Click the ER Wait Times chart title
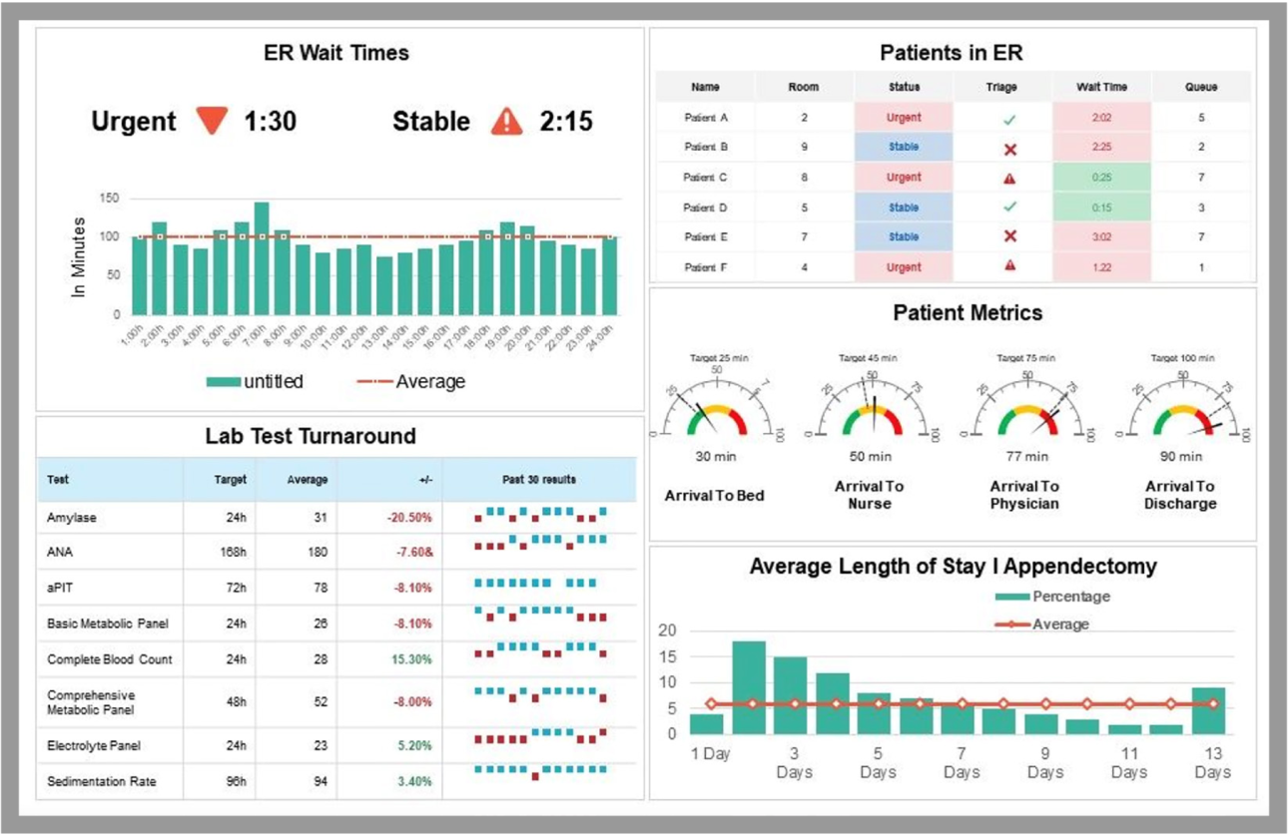click(x=335, y=53)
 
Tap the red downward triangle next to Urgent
click(x=212, y=121)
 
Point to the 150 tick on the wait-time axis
click(x=109, y=199)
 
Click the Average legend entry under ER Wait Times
click(x=411, y=382)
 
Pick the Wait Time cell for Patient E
click(x=1101, y=237)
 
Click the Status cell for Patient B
click(x=904, y=148)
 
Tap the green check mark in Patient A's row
click(x=1009, y=119)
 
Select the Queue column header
click(x=1200, y=87)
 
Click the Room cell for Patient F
click(x=804, y=267)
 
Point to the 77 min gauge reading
click(x=1026, y=456)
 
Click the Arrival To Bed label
click(x=714, y=495)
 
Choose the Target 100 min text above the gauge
click(x=1182, y=357)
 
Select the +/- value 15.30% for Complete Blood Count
click(x=412, y=659)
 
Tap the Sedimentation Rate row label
click(x=101, y=781)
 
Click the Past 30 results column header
click(x=538, y=480)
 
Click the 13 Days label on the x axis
click(x=1211, y=762)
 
